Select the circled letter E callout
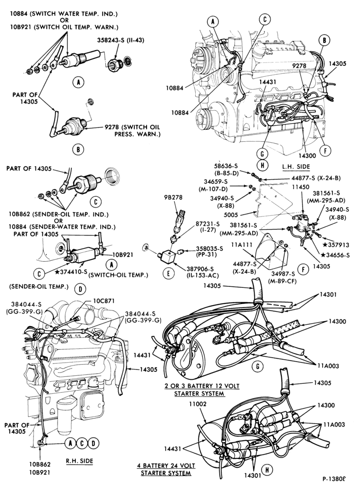[x=168, y=274]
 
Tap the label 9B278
[x=173, y=198]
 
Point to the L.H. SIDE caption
[x=296, y=167]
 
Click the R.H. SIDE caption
[x=79, y=461]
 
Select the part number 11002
[x=198, y=404]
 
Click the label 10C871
[x=104, y=301]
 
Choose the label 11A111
[x=241, y=245]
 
